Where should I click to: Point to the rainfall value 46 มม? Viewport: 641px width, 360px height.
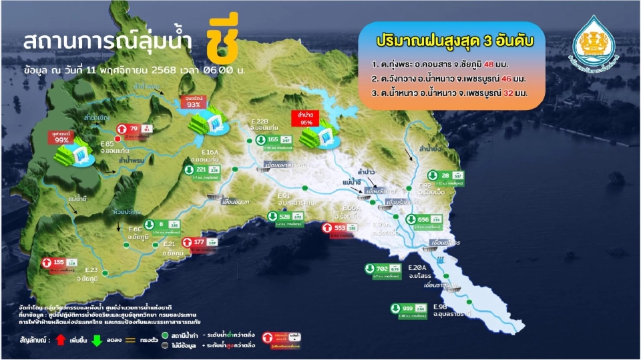click(x=516, y=79)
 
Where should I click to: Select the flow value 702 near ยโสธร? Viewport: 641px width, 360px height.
click(x=383, y=268)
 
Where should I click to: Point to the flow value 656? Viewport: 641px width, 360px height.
click(x=423, y=219)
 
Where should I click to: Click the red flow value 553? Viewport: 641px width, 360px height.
click(x=340, y=227)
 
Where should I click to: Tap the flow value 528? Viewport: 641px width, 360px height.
click(x=284, y=217)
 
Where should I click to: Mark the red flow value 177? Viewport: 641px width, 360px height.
click(x=198, y=242)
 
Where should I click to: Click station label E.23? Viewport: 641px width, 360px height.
click(x=91, y=270)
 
